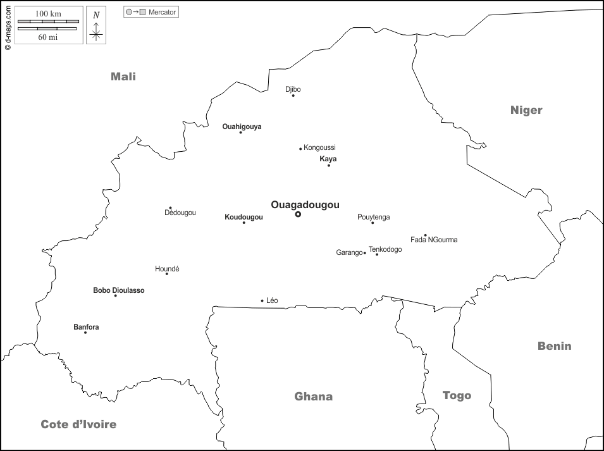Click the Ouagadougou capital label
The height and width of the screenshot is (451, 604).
tap(305, 205)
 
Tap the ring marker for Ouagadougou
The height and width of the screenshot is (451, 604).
tap(298, 214)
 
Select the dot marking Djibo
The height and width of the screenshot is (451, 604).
tap(293, 96)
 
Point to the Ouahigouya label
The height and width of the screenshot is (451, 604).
tap(242, 127)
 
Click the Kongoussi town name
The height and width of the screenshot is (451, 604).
tap(319, 147)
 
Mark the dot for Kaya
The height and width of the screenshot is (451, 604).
tap(329, 165)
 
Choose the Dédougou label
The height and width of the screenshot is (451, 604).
tap(180, 213)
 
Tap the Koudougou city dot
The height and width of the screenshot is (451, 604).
tap(243, 222)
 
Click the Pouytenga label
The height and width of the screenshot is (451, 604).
tap(373, 217)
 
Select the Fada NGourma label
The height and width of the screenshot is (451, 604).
tap(434, 240)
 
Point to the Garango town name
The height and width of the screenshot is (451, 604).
tap(349, 252)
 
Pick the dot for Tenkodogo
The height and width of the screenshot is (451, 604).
tap(377, 254)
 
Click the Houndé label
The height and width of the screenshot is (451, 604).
tap(167, 269)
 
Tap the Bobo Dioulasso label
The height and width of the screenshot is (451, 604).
tap(118, 290)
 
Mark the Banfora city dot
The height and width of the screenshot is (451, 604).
tap(85, 333)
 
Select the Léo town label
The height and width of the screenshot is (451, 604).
tap(272, 300)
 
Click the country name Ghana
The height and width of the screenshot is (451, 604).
tap(313, 397)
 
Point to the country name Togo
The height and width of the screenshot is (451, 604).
tap(457, 395)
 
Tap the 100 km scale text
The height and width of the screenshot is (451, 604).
tap(48, 13)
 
